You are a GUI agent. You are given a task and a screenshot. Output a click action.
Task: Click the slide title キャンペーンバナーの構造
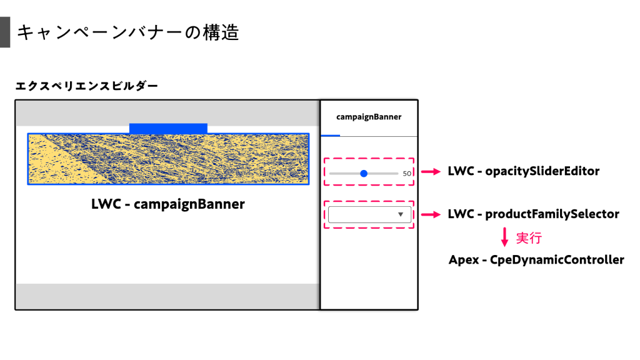[128, 32]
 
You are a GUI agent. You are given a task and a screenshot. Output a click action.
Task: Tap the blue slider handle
[364, 173]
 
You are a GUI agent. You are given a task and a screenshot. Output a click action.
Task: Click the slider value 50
[407, 174]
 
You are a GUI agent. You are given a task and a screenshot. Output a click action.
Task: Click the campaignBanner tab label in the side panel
[369, 116]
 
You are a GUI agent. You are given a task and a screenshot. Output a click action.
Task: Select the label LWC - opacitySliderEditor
[524, 171]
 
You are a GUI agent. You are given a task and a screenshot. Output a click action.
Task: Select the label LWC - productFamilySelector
[533, 214]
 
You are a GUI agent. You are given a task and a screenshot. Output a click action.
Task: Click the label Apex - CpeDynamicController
[536, 259]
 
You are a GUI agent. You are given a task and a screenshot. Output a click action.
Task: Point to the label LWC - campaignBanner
[168, 204]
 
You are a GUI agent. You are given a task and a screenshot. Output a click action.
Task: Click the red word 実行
[529, 238]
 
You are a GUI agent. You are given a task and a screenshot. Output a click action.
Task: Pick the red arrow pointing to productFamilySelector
[431, 214]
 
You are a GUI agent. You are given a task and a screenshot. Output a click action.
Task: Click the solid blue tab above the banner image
[168, 128]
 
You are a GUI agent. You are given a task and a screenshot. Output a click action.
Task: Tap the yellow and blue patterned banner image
[168, 159]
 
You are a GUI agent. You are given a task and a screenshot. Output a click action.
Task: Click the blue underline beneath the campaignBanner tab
[330, 136]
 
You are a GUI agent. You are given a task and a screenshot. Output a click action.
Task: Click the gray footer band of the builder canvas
[167, 296]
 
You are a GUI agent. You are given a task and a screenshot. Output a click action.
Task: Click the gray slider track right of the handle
[383, 173]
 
